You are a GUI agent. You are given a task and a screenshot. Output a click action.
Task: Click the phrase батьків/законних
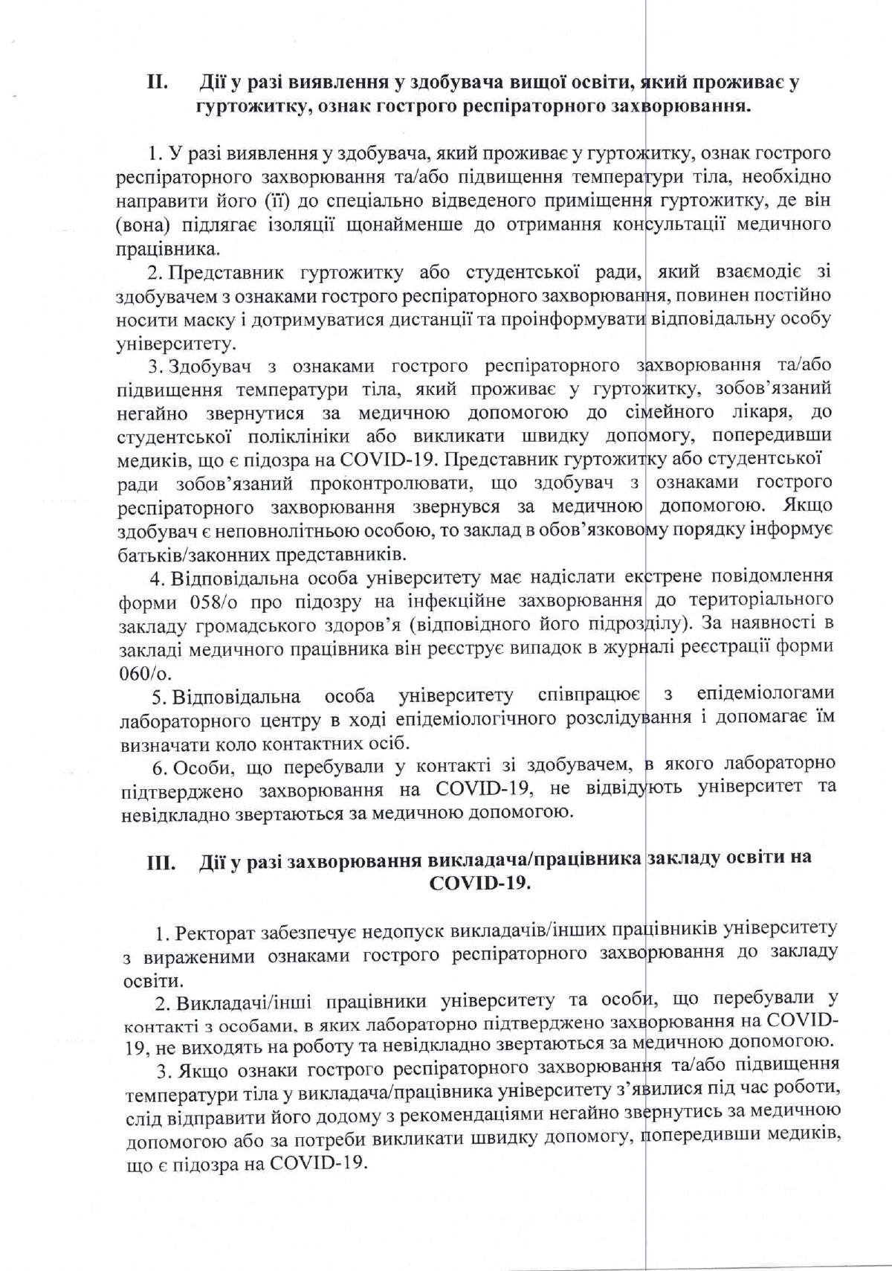pos(196,555)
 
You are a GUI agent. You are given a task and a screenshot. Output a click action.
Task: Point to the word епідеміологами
pos(764,693)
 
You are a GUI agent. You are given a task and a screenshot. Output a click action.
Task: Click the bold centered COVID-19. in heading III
pos(479,884)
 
